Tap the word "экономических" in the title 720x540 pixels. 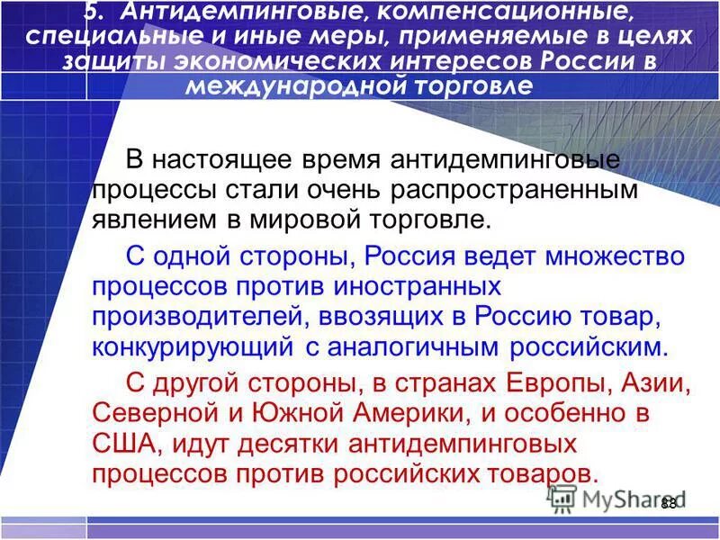tap(305, 62)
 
